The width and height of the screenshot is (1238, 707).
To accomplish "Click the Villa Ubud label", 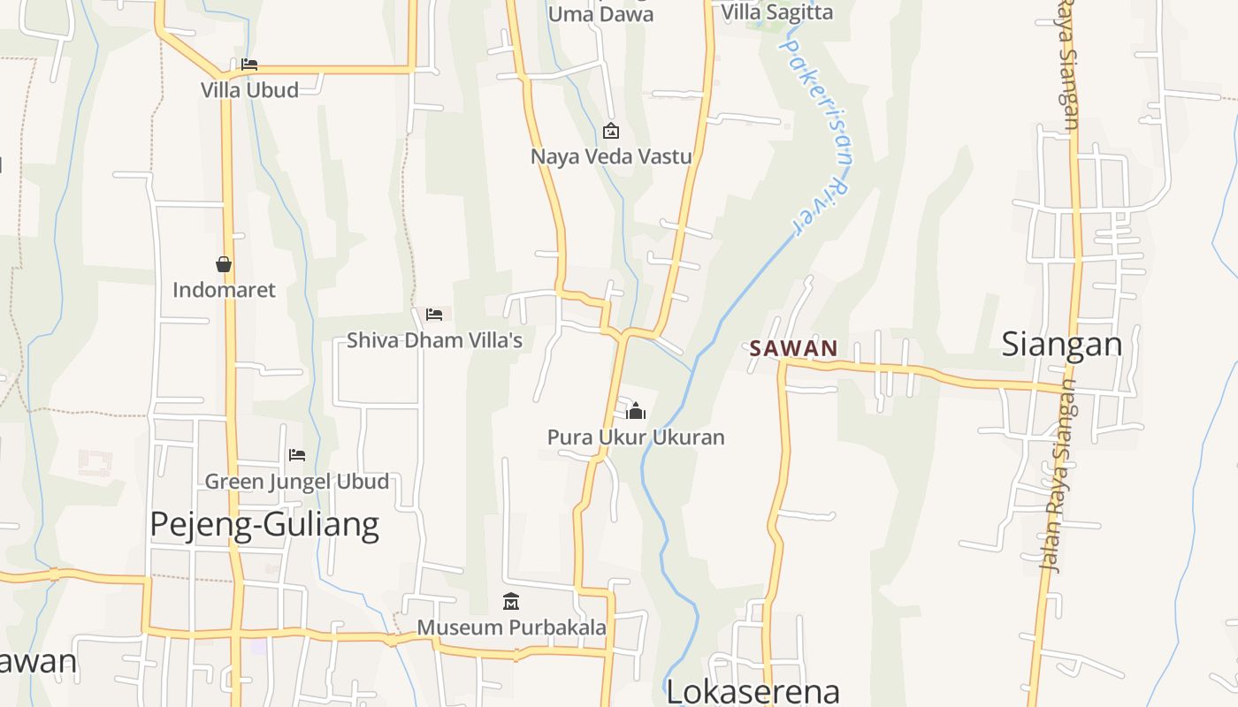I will pos(249,89).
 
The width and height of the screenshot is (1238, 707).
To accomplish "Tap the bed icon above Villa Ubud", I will pos(249,65).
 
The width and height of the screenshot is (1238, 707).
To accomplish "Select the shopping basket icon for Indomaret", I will pos(224,264).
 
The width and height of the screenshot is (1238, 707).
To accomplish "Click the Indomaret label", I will pos(224,290).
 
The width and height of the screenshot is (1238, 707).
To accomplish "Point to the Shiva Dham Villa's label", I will pos(434,340).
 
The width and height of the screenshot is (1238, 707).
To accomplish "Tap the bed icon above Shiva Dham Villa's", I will pos(433,315).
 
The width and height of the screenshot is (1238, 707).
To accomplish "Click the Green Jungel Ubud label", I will pos(297,482).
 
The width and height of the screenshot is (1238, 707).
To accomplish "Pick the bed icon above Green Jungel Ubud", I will pos(297,455).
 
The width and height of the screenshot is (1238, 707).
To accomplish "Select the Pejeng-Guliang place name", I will pos(264,525).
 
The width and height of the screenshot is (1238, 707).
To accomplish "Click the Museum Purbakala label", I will pos(511,627).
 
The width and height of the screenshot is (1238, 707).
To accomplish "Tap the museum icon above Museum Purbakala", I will pos(511,602).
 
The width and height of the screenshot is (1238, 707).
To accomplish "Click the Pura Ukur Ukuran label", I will pos(636,437).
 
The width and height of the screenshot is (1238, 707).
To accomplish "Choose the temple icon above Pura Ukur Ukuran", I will pos(636,411).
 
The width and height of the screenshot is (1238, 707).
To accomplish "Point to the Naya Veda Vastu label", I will pos(611,157).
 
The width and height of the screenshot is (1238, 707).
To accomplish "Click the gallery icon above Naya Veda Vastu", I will pos(610,132).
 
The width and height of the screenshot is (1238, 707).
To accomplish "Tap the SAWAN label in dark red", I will pos(793,348).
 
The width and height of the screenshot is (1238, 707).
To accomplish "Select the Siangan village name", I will pos(1061,345).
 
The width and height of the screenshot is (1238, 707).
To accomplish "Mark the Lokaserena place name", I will pos(753,691).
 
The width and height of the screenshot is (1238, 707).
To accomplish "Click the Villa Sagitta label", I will pos(777,12).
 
